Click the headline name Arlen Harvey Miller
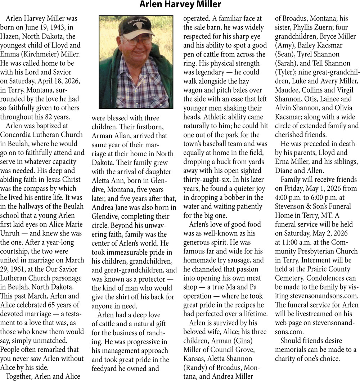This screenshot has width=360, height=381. (x=180, y=5)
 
